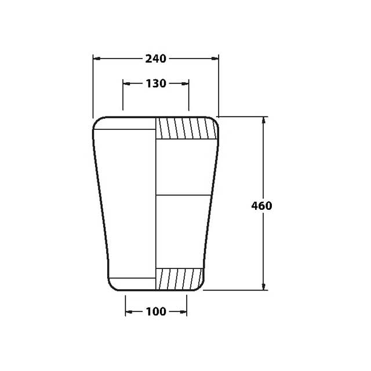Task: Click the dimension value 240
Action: [155, 59]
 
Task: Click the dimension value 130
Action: [155, 83]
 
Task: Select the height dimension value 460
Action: [261, 205]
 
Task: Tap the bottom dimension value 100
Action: [156, 312]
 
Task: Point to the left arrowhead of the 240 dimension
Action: [96, 59]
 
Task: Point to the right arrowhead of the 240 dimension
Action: [216, 59]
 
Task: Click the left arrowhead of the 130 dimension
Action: [126, 83]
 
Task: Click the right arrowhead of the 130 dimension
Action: [185, 83]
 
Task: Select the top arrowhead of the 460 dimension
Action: [264, 120]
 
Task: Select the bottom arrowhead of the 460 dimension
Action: [264, 286]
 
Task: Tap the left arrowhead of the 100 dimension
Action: [128, 312]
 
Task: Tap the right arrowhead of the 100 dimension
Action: [184, 312]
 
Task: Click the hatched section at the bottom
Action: [179, 279]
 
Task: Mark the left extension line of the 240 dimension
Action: [93, 87]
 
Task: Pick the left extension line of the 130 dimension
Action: [123, 96]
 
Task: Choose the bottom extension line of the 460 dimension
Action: [235, 290]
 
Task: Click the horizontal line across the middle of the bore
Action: [183, 195]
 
